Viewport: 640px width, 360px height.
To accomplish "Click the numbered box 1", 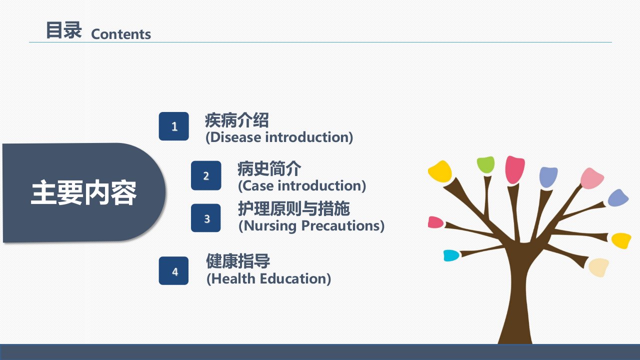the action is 173,126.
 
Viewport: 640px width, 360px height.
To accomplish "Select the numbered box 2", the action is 206,175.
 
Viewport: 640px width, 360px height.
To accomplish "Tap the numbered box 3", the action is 205,218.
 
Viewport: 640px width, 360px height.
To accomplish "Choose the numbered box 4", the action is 173,270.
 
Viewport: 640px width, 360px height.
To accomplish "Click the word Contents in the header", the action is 121,34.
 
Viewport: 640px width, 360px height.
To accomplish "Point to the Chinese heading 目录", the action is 63,30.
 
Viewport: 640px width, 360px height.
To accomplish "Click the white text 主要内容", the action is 83,192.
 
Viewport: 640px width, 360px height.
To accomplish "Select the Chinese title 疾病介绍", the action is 237,120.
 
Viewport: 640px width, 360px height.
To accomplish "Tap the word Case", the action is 257,185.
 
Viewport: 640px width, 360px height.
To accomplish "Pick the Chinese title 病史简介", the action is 269,168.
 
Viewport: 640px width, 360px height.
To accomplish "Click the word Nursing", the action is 269,226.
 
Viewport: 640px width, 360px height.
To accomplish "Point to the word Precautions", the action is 340,225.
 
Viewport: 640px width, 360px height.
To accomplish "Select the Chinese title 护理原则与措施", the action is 294,208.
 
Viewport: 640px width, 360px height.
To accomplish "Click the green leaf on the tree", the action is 485,164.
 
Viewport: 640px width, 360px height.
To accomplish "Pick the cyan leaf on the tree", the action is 451,255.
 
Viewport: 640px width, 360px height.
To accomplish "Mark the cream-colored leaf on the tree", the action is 598,267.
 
